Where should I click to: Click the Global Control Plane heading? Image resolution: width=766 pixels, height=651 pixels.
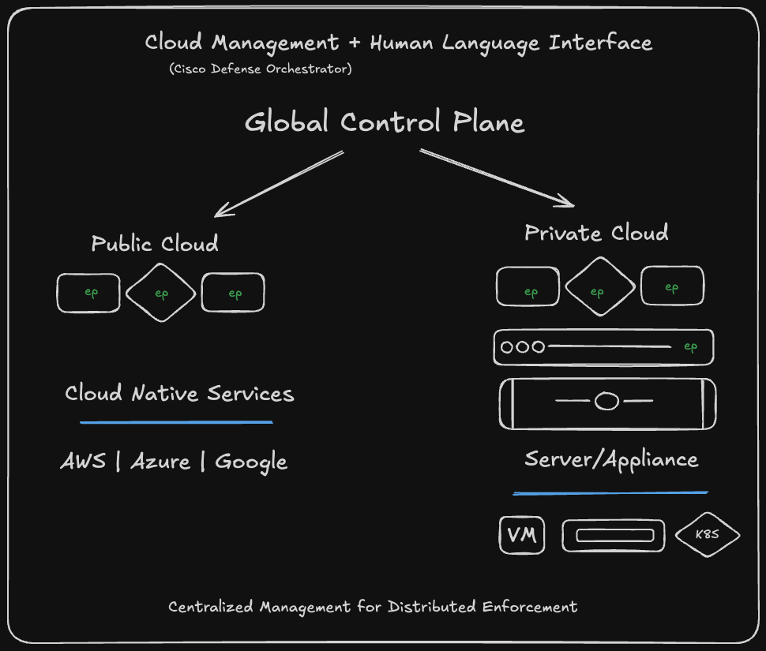coord(384,123)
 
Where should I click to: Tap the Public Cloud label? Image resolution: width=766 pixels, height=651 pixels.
coord(155,243)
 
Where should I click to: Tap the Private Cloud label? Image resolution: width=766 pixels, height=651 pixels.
coord(596,233)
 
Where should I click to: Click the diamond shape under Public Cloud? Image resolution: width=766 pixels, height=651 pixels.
coord(161,294)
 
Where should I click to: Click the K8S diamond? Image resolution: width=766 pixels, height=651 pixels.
coord(707,535)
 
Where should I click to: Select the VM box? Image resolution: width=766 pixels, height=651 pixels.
coord(521,535)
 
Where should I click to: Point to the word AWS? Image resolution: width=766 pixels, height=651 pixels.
coord(83,462)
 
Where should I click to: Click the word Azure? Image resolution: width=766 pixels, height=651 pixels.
coord(161,462)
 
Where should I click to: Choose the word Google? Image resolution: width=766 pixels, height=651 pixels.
coord(251,462)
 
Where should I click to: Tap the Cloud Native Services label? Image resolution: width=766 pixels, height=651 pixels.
coord(179,393)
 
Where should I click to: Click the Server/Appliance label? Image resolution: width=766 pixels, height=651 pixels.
coord(611,459)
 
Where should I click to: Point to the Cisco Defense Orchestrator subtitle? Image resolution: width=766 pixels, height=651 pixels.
coord(260,69)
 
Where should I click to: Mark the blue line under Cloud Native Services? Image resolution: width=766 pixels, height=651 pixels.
coord(176,422)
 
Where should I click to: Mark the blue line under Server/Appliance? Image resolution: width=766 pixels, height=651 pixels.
coord(610,493)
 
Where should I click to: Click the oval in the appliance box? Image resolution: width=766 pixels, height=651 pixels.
coord(606,402)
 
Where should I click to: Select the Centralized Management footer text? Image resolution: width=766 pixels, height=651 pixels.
coord(373,607)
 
